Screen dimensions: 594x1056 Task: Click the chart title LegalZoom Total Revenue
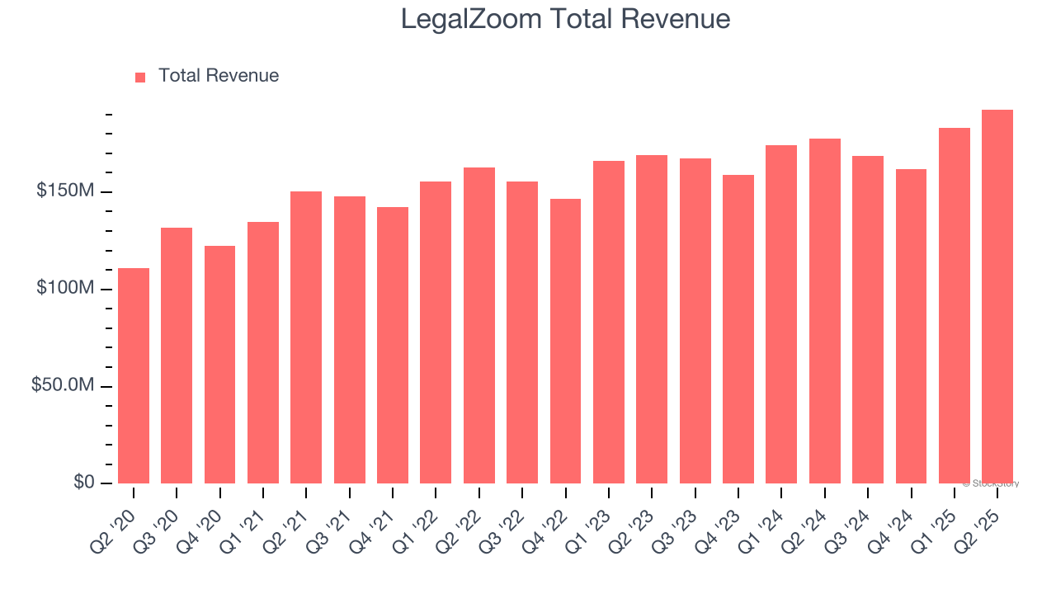point(565,19)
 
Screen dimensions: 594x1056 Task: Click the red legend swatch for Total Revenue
point(140,77)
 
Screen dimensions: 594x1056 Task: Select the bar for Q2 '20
point(134,375)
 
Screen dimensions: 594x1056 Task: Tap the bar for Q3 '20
point(177,355)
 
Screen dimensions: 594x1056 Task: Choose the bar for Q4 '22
point(565,341)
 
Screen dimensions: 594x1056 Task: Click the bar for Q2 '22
point(478,325)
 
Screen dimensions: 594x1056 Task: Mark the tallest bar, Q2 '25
point(997,296)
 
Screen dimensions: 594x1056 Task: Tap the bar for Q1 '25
point(955,305)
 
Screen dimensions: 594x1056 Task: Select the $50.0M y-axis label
point(64,386)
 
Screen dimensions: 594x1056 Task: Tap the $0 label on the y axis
point(83,483)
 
